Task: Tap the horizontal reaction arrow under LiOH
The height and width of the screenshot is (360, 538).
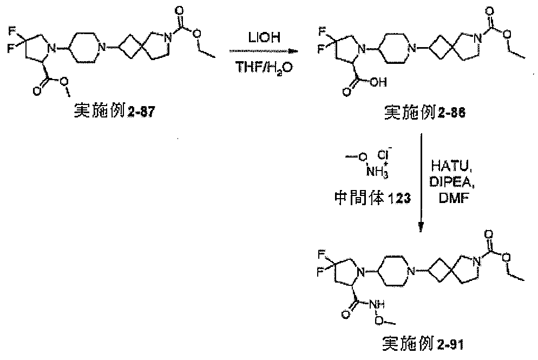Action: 263,51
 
